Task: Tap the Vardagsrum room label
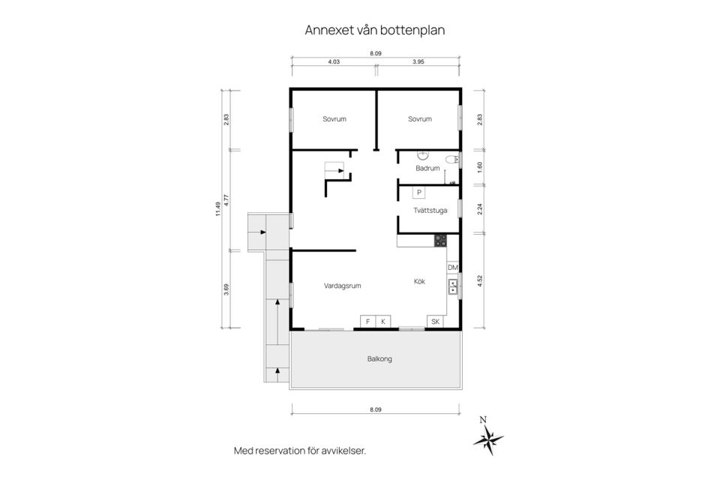pos(343,286)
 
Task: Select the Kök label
pos(419,282)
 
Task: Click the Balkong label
pos(379,358)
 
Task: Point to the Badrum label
pos(427,168)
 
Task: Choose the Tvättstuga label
pos(430,210)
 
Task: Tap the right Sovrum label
pos(420,119)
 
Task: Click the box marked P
pos(419,192)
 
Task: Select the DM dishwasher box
pos(452,267)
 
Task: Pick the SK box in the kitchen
pos(435,322)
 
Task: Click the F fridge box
pos(367,322)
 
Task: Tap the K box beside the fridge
pos(383,322)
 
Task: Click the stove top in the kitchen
pos(441,241)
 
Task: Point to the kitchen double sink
pos(452,286)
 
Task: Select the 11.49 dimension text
pos(217,209)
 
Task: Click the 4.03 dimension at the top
pos(334,62)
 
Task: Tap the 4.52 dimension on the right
pos(480,282)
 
